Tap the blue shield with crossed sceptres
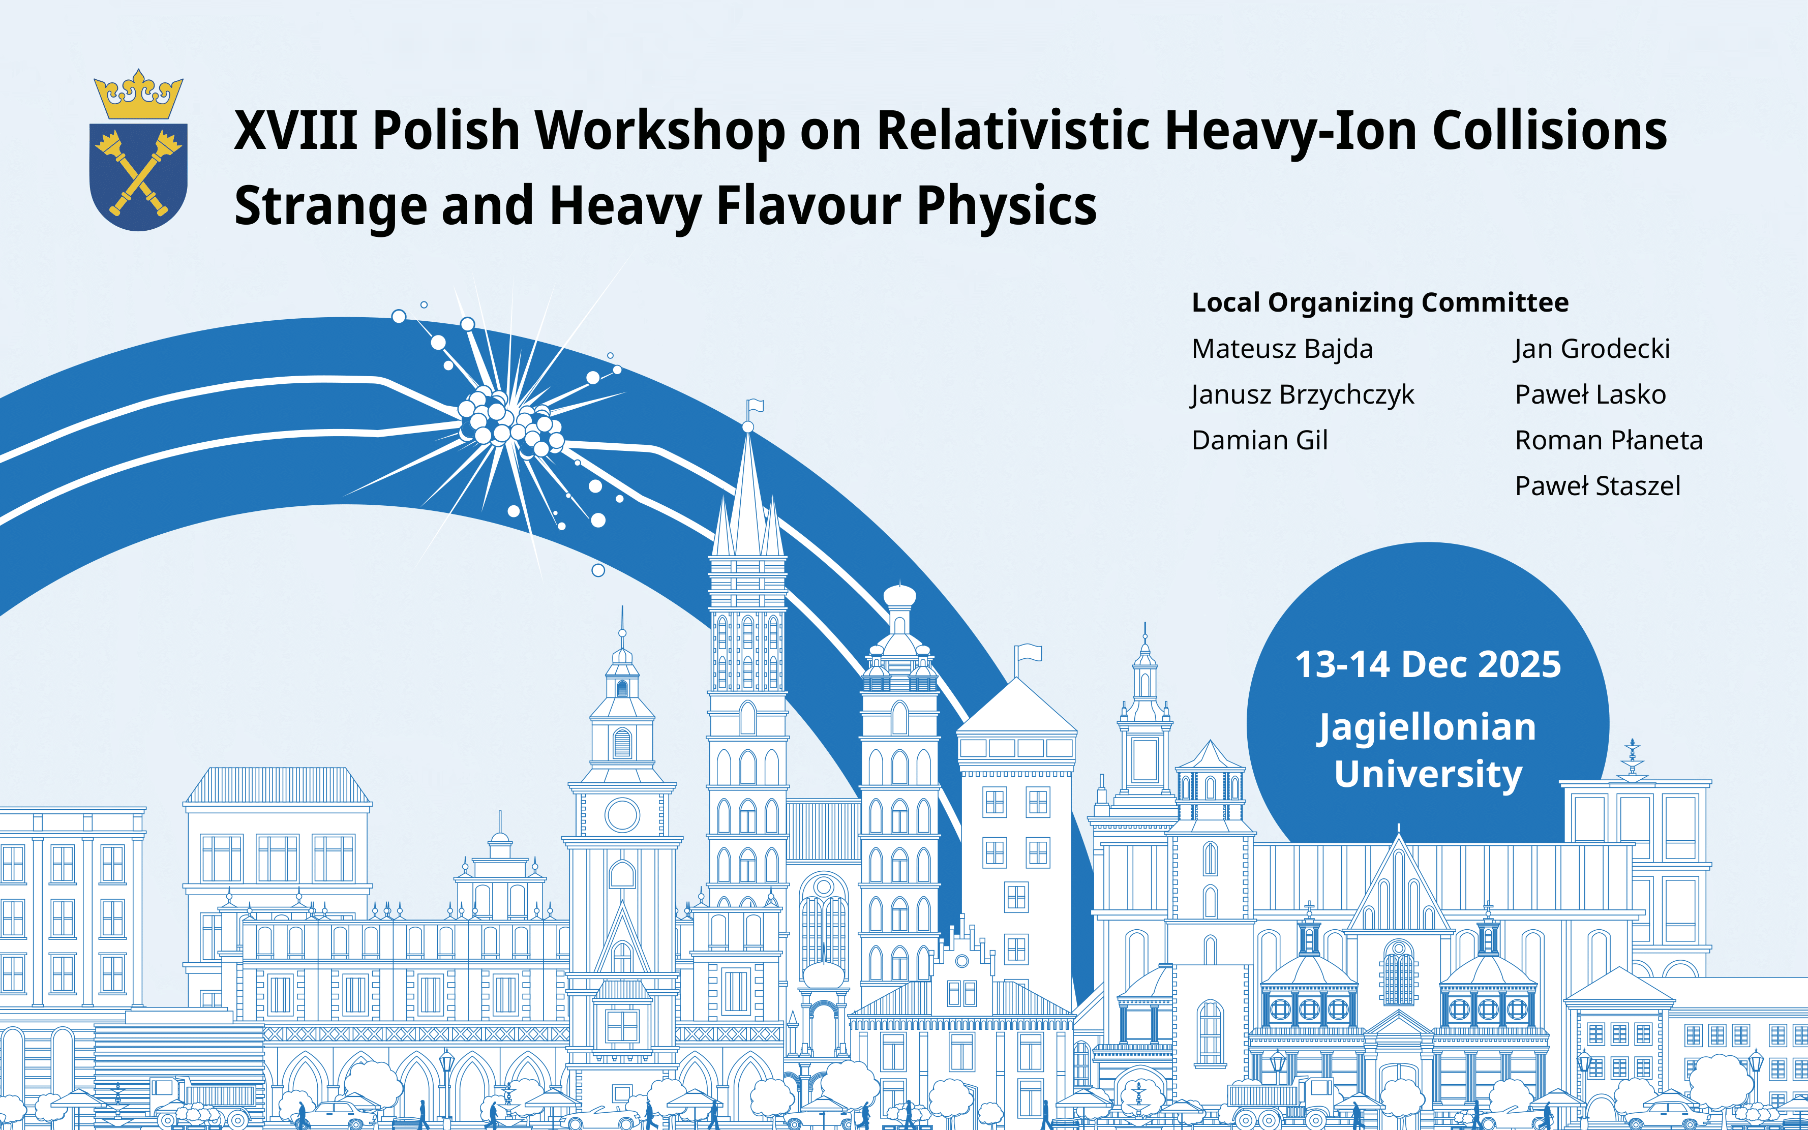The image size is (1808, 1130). click(138, 177)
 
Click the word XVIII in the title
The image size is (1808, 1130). click(295, 130)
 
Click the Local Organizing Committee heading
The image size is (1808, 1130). click(1380, 302)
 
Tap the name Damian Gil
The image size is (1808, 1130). click(1259, 440)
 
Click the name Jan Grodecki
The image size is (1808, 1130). click(1591, 349)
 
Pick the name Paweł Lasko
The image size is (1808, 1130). click(1590, 394)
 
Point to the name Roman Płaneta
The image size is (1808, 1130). click(1609, 440)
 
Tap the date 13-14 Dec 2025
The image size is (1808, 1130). click(1428, 664)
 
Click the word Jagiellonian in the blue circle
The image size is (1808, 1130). click(1427, 728)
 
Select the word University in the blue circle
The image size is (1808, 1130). click(1428, 774)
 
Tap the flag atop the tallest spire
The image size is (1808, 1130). click(756, 405)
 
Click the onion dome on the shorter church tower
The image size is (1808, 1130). click(899, 596)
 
